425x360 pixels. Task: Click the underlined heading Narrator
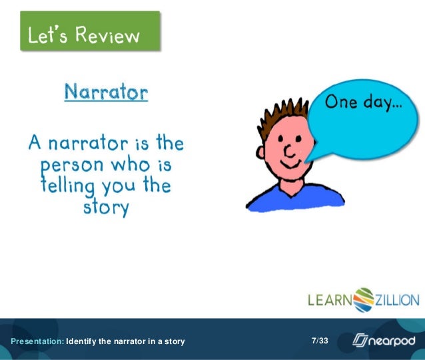106,92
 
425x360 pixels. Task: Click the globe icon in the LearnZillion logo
364,299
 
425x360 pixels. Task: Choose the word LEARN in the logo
329,300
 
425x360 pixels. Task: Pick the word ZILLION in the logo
398,300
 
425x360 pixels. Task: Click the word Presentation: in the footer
31,342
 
